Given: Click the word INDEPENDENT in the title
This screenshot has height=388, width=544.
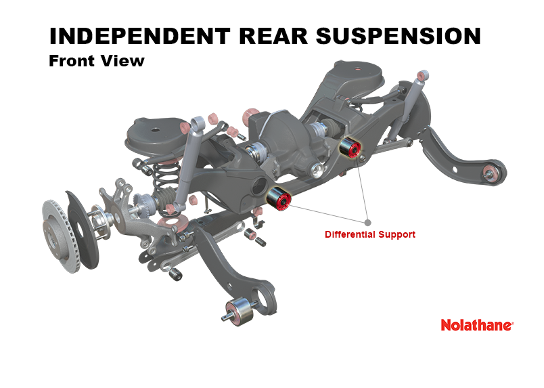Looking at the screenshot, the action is [140, 36].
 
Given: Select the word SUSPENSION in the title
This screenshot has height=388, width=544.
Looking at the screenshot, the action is [399, 36].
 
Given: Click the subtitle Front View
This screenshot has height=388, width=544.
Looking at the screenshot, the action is [97, 61].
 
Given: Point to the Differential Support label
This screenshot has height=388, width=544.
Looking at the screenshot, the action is [370, 234].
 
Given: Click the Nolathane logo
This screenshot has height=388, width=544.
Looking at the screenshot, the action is [477, 325].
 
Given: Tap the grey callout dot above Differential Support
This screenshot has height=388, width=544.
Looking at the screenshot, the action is [368, 222].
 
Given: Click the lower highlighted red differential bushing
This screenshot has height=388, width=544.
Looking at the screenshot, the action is [279, 198].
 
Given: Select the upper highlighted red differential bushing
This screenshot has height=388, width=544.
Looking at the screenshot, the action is [350, 148].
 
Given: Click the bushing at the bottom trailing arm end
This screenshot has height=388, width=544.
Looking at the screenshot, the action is [240, 311].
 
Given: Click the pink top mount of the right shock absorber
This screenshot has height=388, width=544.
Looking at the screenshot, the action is [423, 75].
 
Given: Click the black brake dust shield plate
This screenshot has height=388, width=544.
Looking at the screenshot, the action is [82, 230].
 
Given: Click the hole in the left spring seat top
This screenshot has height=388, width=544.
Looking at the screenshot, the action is [156, 130].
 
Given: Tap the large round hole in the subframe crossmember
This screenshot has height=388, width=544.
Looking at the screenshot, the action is [259, 186].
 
